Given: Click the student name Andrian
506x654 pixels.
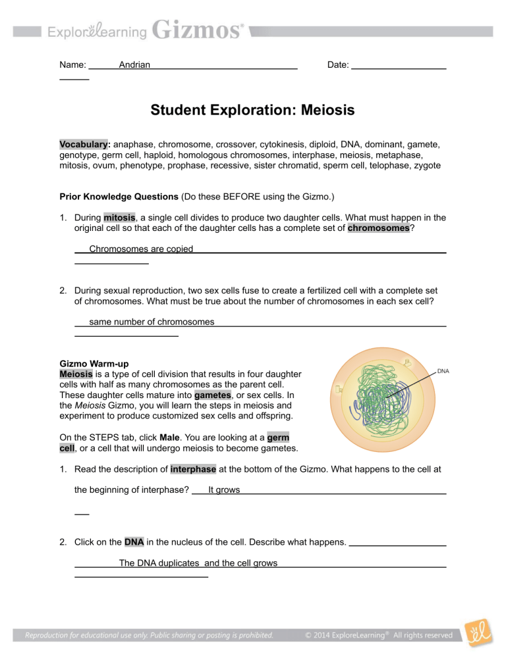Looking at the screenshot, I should [134, 64].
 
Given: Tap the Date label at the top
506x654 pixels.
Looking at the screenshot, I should [338, 64].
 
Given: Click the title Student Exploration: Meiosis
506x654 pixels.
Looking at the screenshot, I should [252, 110].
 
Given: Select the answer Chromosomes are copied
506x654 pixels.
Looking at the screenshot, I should [140, 249].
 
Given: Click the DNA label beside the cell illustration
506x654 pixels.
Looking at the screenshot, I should [443, 371].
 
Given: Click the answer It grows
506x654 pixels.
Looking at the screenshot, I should [223, 490].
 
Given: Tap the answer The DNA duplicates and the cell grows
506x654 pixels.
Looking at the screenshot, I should [198, 563].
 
